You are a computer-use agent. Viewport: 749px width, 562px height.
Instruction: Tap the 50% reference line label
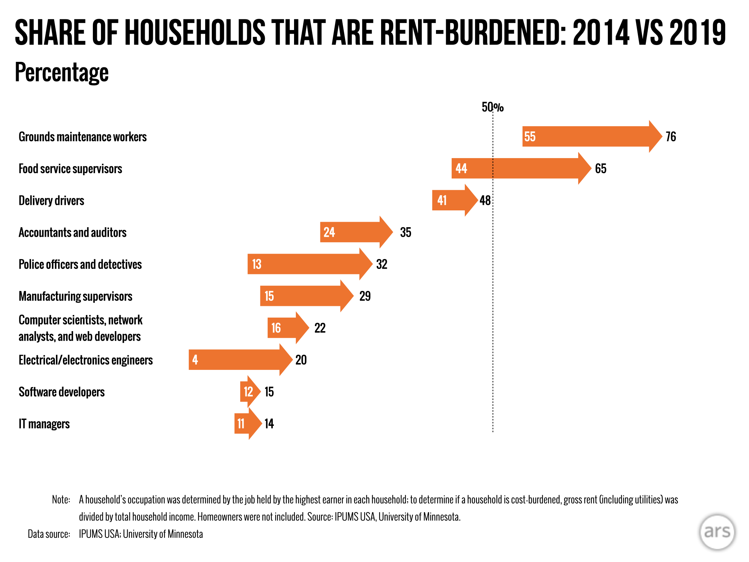pyautogui.click(x=492, y=107)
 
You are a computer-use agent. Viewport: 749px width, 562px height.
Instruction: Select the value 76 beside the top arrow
pyautogui.click(x=671, y=136)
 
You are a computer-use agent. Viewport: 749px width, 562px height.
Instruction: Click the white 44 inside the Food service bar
pyautogui.click(x=461, y=168)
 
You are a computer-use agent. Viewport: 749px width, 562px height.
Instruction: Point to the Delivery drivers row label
pyautogui.click(x=51, y=201)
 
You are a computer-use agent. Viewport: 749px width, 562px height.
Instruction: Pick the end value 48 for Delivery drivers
pyautogui.click(x=485, y=201)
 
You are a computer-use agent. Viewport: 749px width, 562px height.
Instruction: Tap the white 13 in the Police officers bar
pyautogui.click(x=257, y=264)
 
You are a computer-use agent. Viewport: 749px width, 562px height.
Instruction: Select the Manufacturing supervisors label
pyautogui.click(x=75, y=296)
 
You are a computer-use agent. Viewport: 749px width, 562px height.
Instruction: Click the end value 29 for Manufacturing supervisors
pyautogui.click(x=365, y=296)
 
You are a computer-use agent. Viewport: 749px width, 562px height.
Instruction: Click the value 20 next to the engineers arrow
pyautogui.click(x=301, y=360)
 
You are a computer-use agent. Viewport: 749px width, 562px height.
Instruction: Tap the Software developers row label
pyautogui.click(x=61, y=392)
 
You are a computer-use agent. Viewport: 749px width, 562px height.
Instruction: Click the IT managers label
pyautogui.click(x=44, y=424)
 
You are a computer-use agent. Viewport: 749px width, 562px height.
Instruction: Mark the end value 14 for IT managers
pyautogui.click(x=269, y=424)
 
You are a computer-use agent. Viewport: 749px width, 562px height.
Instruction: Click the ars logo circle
pyautogui.click(x=717, y=532)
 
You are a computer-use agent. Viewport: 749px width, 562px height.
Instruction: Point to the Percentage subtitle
pyautogui.click(x=61, y=72)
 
